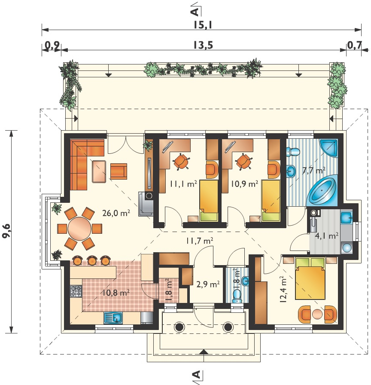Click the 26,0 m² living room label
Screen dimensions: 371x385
click(x=116, y=213)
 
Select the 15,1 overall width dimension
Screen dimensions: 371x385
click(x=203, y=25)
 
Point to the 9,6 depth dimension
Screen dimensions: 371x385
click(x=6, y=231)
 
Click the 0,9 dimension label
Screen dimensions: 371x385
click(x=52, y=45)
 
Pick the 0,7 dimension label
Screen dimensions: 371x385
click(x=355, y=45)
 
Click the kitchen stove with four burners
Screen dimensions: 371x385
click(x=76, y=291)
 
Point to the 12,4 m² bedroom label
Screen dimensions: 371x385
click(x=283, y=289)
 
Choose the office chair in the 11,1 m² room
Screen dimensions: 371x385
click(x=181, y=161)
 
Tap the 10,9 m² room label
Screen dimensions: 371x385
click(x=244, y=183)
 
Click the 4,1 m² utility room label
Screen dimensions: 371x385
click(x=327, y=236)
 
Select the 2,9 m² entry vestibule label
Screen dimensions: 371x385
click(x=208, y=284)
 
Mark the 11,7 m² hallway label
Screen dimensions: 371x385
click(x=199, y=241)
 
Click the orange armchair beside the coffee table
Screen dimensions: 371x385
click(x=119, y=171)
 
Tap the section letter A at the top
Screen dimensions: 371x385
click(x=195, y=12)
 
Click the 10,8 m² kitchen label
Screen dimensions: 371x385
click(x=116, y=293)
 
